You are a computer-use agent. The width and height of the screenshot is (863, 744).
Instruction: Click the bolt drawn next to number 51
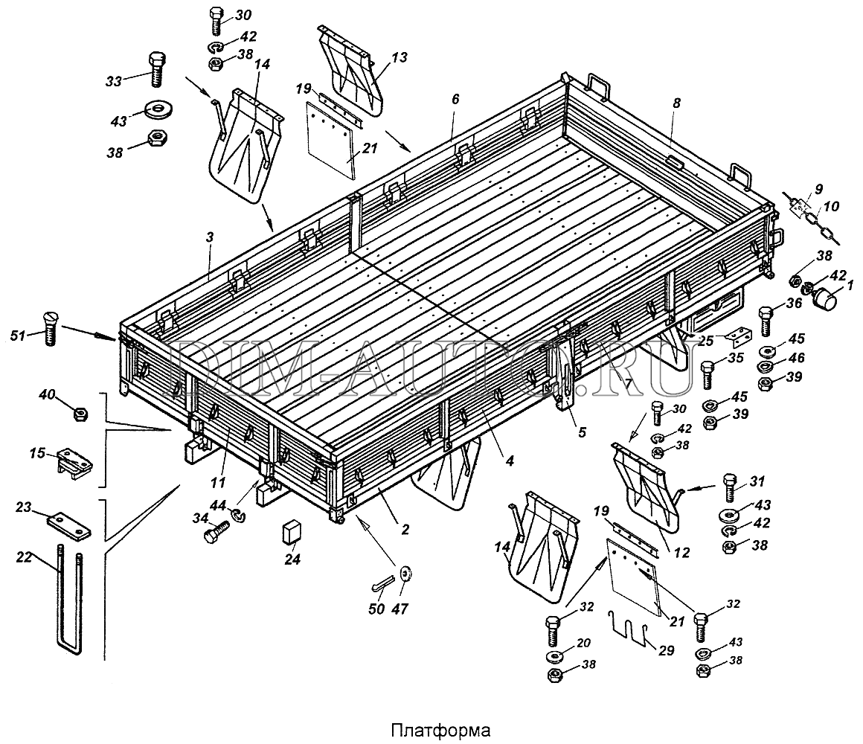pos(51,327)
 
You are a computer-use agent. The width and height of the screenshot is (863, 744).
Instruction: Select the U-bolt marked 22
pos(70,603)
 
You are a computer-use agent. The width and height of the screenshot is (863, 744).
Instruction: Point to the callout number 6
pos(455,98)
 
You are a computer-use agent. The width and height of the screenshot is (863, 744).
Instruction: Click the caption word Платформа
pos(431,728)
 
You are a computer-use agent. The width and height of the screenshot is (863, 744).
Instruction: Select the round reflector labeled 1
pos(824,300)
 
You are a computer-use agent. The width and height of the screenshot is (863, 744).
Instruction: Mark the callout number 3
pos(210,237)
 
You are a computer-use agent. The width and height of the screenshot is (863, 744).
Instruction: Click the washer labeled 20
pos(554,656)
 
